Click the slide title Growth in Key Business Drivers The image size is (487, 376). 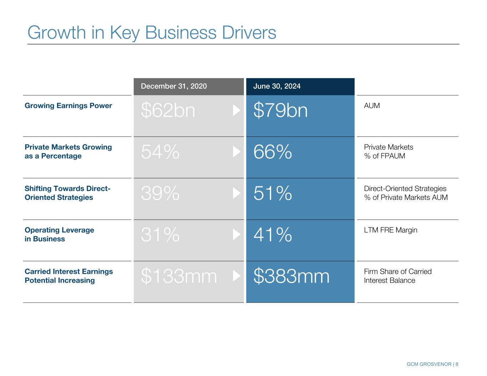click(x=152, y=32)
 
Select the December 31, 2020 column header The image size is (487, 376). click(x=174, y=86)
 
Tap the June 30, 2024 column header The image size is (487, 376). click(x=277, y=86)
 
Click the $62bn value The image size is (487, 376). click(x=168, y=110)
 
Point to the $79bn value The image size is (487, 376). click(x=280, y=110)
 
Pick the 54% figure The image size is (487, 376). click(x=160, y=152)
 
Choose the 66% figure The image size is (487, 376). click(x=273, y=152)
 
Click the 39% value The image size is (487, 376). click(x=160, y=193)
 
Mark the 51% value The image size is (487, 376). click(x=273, y=193)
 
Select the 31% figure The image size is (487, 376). click(x=160, y=235)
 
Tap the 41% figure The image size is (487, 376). click(x=273, y=235)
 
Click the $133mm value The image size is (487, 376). click(x=179, y=276)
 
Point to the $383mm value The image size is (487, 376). click(x=291, y=276)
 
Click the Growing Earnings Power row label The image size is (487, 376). click(x=68, y=105)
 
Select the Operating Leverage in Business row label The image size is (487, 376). click(x=59, y=235)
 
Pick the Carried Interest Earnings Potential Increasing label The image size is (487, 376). click(x=69, y=276)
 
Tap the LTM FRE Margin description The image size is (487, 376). click(x=390, y=230)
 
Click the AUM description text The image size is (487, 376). click(x=372, y=105)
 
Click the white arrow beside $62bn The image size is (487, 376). click(x=237, y=110)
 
